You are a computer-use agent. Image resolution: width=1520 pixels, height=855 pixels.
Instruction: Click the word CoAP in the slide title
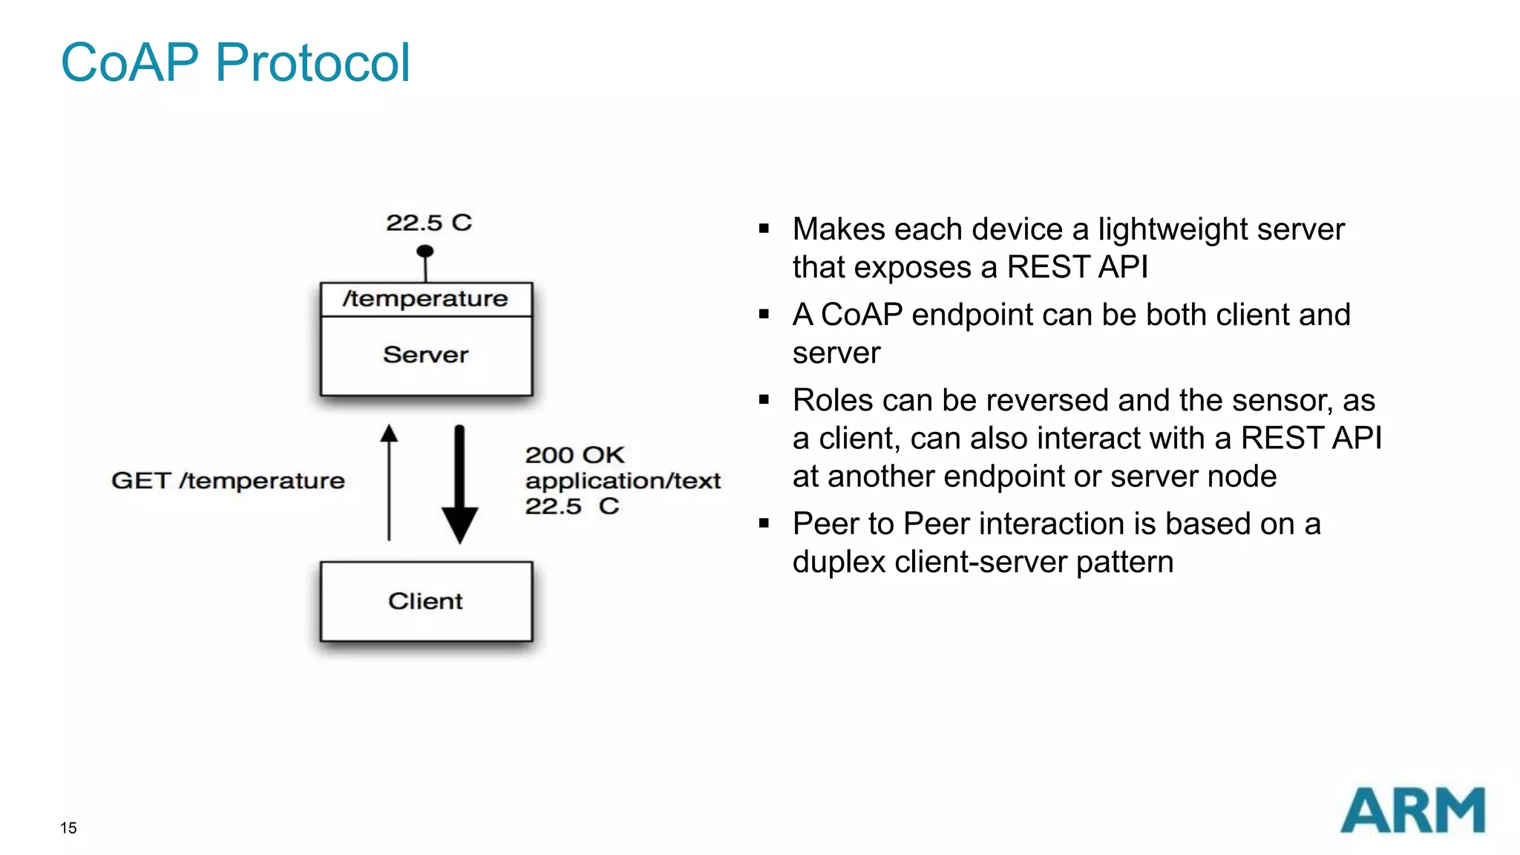(x=130, y=62)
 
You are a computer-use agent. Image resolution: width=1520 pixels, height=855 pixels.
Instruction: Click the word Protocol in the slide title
(x=312, y=62)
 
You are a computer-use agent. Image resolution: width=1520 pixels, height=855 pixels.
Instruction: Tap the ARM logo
(x=1412, y=810)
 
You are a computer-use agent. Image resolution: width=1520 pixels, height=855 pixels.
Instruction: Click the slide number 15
(x=68, y=828)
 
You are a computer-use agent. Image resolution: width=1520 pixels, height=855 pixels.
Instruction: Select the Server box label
(x=425, y=355)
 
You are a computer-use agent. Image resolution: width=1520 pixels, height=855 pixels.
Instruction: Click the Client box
(x=425, y=601)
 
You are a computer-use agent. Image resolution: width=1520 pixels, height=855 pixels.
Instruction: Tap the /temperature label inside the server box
(x=425, y=298)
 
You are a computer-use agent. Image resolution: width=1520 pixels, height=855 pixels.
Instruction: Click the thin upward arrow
(x=389, y=482)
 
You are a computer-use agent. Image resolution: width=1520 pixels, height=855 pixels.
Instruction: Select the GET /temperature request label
(x=228, y=481)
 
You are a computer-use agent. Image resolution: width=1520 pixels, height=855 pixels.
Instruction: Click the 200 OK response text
(x=574, y=455)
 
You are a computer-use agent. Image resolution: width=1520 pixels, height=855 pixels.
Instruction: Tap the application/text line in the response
(x=623, y=481)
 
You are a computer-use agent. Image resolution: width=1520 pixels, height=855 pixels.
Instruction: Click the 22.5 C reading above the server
(x=428, y=223)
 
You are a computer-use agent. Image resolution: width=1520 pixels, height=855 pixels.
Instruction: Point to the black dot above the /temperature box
(x=425, y=251)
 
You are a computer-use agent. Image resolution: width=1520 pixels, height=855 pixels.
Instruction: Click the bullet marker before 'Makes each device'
(x=764, y=229)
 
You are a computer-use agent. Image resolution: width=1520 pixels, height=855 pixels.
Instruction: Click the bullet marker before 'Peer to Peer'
(x=764, y=523)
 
